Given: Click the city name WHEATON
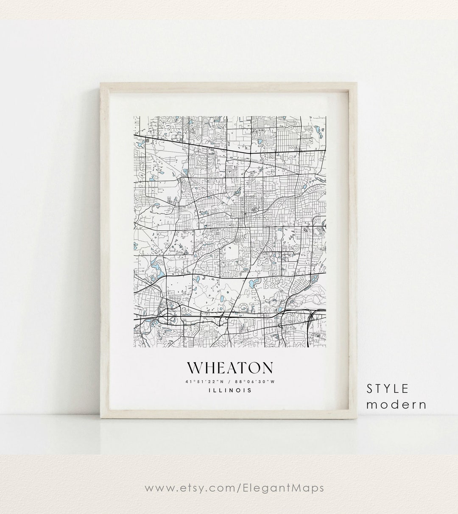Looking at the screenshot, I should click(x=229, y=368).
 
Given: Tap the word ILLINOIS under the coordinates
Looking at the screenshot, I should click(x=229, y=391).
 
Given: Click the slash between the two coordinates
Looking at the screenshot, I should click(x=229, y=382).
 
